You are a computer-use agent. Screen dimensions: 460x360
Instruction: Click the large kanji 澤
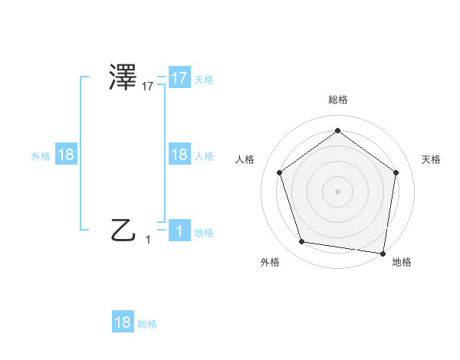pyautogui.click(x=123, y=79)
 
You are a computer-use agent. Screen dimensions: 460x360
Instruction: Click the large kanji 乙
pyautogui.click(x=123, y=230)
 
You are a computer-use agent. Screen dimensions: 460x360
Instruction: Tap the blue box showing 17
pyautogui.click(x=179, y=78)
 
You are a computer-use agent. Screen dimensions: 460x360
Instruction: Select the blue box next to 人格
pyautogui.click(x=179, y=155)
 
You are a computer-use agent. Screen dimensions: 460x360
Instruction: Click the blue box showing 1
pyautogui.click(x=179, y=231)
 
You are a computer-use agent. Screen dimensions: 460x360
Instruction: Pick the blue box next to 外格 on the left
pyautogui.click(x=66, y=155)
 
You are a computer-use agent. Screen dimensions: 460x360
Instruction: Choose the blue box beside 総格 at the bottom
pyautogui.click(x=123, y=322)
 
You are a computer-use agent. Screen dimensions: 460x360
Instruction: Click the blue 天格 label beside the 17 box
pyautogui.click(x=204, y=79)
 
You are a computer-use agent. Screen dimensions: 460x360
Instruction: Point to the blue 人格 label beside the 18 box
pyautogui.click(x=204, y=155)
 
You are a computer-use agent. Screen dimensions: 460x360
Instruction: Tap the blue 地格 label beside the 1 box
pyautogui.click(x=204, y=232)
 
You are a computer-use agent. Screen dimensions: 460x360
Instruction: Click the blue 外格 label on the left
pyautogui.click(x=41, y=155)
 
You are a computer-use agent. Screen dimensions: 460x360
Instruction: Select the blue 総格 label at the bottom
pyautogui.click(x=147, y=323)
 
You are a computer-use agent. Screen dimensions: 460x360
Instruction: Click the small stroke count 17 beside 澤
pyautogui.click(x=148, y=87)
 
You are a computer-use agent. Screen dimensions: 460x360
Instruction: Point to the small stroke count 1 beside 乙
pyautogui.click(x=148, y=240)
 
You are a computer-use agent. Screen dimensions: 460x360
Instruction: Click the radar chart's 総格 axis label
pyautogui.click(x=337, y=100)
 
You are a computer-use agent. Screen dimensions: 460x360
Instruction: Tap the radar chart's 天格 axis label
pyautogui.click(x=431, y=159)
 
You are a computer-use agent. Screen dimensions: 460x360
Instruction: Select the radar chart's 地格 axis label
pyautogui.click(x=402, y=263)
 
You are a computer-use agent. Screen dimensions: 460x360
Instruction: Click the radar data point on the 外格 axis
pyautogui.click(x=303, y=242)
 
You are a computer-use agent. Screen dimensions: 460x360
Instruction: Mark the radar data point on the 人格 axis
pyautogui.click(x=280, y=173)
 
